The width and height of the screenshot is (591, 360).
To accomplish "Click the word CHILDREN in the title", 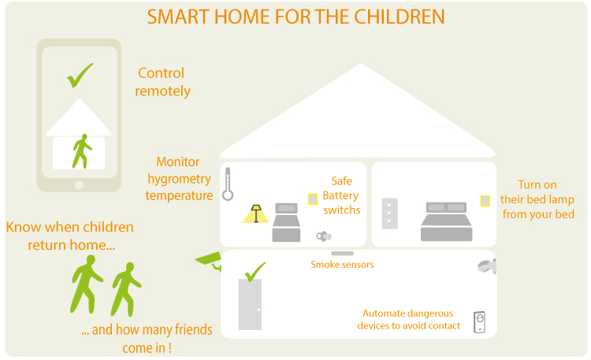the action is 400,17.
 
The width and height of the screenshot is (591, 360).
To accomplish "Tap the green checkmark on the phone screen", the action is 80,75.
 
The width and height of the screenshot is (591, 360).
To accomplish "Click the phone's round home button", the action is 79,185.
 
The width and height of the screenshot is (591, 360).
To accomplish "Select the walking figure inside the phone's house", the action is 82,151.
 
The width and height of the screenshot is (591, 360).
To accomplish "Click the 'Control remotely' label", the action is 162,82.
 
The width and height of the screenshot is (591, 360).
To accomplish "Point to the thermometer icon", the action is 228,184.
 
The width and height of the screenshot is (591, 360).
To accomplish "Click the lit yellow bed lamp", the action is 256,213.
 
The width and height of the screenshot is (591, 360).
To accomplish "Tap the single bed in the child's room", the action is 287,222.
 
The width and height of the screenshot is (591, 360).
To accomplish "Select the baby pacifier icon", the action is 324,236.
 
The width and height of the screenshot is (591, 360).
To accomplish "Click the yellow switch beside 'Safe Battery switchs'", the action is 313,199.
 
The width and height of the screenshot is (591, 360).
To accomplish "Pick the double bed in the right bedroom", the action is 446,221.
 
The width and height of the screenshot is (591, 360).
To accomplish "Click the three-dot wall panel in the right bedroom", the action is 390,213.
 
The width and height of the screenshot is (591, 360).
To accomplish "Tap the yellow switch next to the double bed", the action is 485,201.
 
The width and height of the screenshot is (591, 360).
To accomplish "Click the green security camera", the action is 209,259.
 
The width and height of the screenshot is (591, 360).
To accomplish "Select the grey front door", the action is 250,305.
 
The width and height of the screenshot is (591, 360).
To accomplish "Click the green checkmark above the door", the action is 255,272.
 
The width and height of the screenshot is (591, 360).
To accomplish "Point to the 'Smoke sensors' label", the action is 342,265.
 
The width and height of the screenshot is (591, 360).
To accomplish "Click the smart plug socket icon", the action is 479,322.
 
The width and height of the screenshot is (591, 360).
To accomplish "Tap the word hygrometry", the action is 179,179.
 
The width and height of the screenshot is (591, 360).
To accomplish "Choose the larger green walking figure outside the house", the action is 87,284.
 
